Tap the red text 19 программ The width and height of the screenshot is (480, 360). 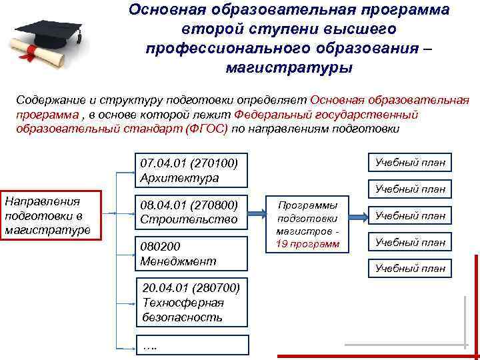tap(307, 244)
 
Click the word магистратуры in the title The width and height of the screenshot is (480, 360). tap(288, 68)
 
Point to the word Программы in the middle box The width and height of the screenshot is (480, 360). tap(307, 205)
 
